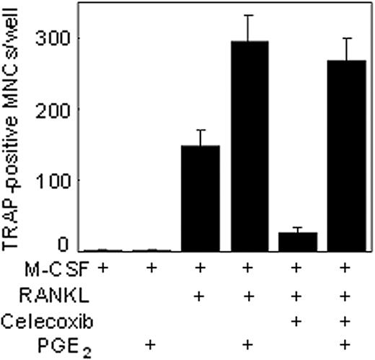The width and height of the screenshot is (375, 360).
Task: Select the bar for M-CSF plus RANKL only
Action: point(199,198)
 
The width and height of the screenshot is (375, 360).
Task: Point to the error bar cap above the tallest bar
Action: point(247,15)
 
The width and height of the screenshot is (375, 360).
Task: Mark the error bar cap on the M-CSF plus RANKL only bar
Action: point(199,130)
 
